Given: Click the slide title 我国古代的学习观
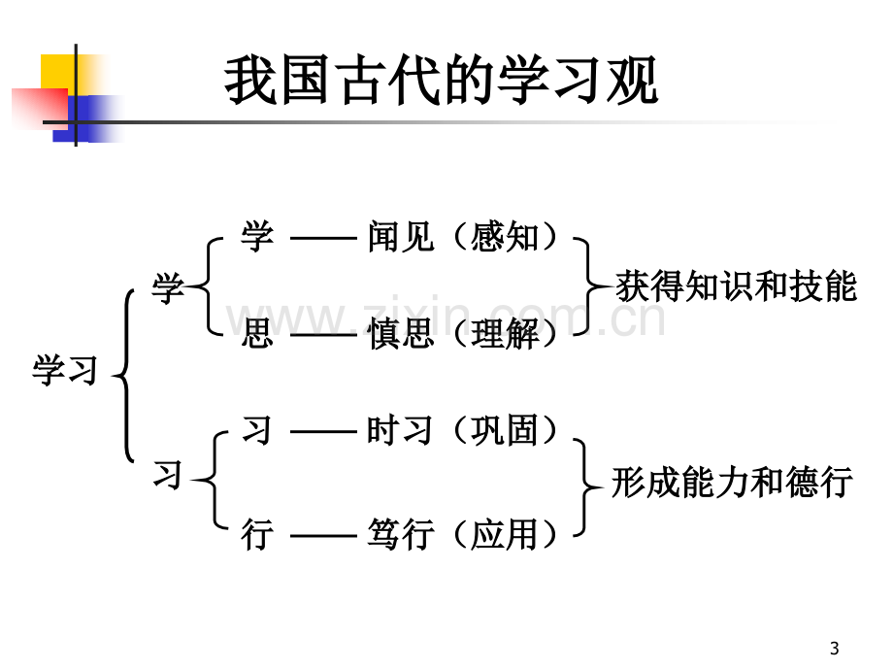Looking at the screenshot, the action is [x=442, y=80].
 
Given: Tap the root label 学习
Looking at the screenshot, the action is [x=65, y=370].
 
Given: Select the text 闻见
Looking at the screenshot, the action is [x=400, y=236].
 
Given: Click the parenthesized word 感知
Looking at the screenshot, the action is [x=505, y=236].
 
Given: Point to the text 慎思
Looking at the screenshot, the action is [x=400, y=333].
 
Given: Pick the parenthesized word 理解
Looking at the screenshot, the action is [x=505, y=333].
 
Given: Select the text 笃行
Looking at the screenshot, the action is [x=400, y=534].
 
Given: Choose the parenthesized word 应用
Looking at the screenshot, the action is [x=505, y=534].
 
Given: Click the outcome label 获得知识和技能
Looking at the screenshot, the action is [x=737, y=285].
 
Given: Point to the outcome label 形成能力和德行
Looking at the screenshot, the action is [x=732, y=482].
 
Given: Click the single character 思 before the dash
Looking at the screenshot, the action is [x=257, y=333].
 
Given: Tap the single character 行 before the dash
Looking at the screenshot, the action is [x=257, y=534].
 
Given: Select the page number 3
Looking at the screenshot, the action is [x=835, y=649].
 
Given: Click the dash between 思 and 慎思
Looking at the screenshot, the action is [x=323, y=334].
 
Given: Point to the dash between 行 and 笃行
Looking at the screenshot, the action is [x=323, y=536].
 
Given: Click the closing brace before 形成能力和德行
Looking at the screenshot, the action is [x=585, y=487].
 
